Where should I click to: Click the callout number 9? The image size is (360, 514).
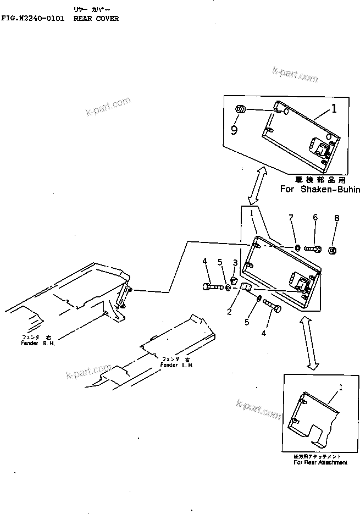click(234, 130)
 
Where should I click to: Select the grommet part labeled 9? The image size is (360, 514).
click(240, 110)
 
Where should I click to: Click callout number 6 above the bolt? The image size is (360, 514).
click(315, 218)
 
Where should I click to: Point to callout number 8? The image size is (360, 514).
click(336, 218)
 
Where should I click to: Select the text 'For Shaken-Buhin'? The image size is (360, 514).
click(320, 190)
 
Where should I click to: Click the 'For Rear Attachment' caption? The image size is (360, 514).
click(320, 462)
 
